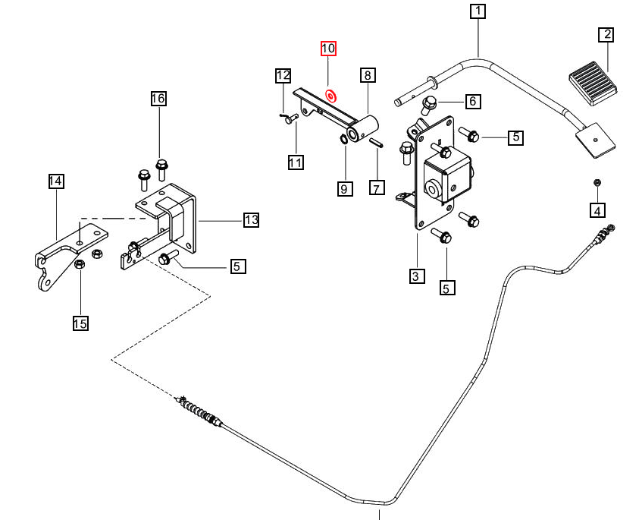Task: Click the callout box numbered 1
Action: click(478, 11)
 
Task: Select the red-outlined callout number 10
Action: click(327, 49)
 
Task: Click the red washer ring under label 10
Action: click(330, 95)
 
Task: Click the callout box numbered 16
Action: click(158, 99)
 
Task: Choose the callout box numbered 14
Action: click(55, 181)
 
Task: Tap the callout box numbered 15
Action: click(80, 323)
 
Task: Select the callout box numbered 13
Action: click(252, 220)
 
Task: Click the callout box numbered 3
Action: click(416, 276)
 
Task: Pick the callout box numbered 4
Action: click(597, 210)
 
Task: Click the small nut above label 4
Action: click(597, 183)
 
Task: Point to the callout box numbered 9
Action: click(344, 188)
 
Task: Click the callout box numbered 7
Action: click(377, 188)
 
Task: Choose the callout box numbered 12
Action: click(283, 75)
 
